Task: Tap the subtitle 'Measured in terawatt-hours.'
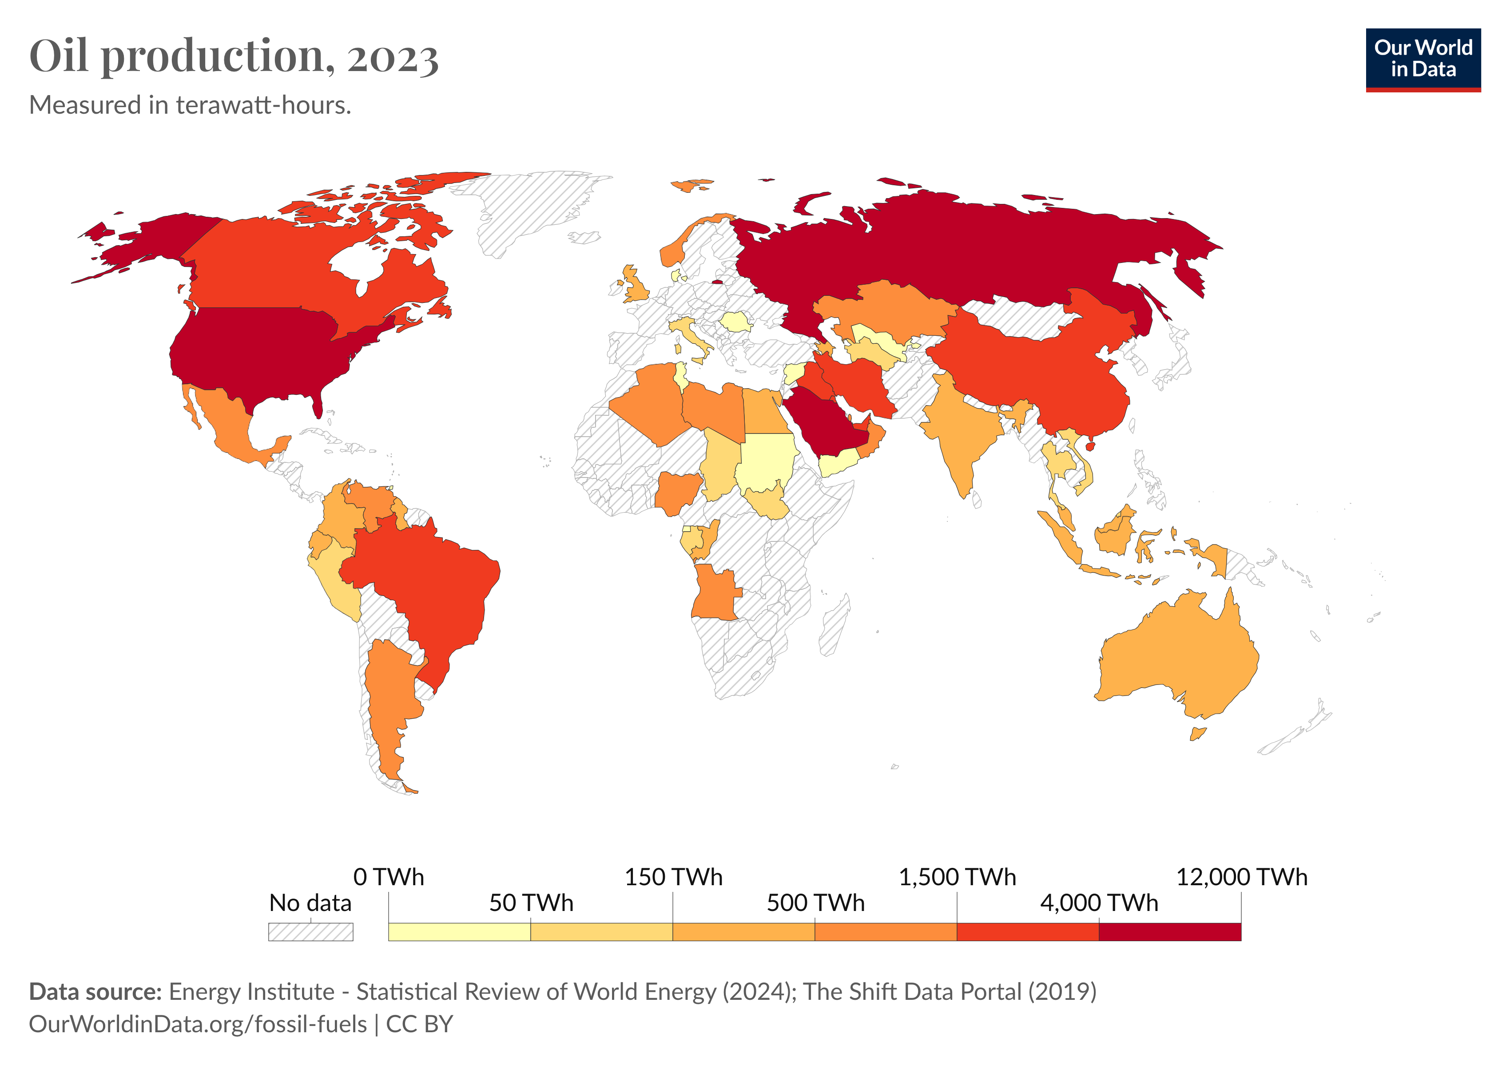(190, 105)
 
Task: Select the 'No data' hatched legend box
(310, 932)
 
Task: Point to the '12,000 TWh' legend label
(1241, 877)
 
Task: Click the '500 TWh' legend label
(815, 903)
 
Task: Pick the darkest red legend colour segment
(1169, 932)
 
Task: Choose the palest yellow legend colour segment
(459, 932)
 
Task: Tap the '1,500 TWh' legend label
(957, 877)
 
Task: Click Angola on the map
(715, 592)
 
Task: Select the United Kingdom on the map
(635, 283)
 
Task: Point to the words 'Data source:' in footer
(95, 992)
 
